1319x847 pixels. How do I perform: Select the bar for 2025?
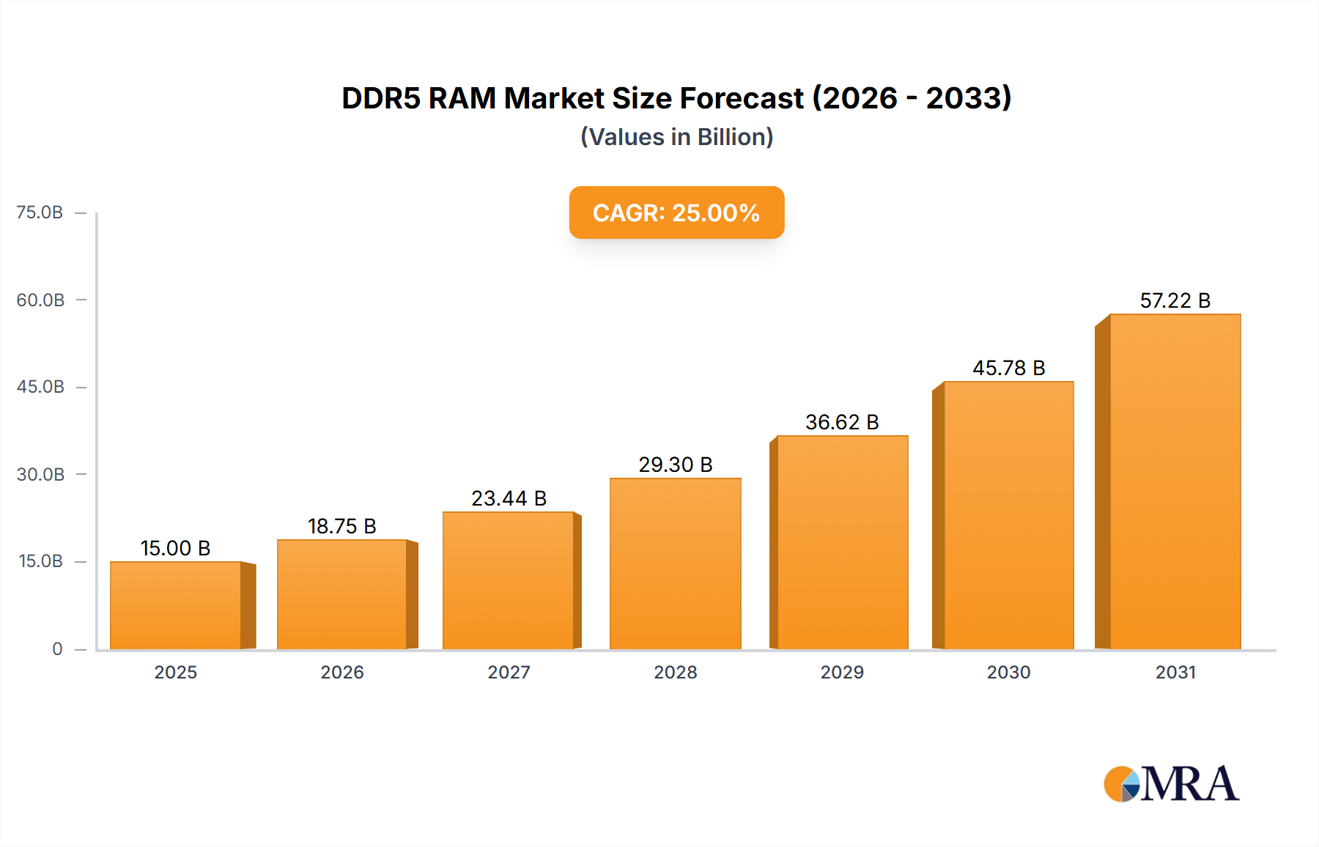coord(176,605)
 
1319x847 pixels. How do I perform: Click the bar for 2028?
coord(675,563)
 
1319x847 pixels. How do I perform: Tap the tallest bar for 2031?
coord(1175,481)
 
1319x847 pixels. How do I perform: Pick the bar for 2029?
coord(842,542)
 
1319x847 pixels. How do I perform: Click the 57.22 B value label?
coord(1175,300)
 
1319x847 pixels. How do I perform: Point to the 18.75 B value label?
coord(341,526)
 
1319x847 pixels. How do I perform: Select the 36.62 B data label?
coord(842,422)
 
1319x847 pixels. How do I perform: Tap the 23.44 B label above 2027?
coord(509,498)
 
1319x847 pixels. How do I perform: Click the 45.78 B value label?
coord(1008,368)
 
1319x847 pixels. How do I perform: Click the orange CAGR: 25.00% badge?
coord(676,212)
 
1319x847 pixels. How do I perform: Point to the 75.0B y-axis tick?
coord(40,212)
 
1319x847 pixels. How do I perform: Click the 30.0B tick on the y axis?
coord(40,474)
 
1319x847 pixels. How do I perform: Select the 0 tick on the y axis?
coord(57,648)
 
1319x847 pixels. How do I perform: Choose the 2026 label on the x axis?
coord(341,672)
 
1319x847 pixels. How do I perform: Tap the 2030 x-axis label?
coord(1008,672)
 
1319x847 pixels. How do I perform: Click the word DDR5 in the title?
coord(380,98)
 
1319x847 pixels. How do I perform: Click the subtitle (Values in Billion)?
coord(676,137)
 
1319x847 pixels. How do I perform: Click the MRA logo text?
coord(1189,784)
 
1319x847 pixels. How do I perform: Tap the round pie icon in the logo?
coord(1121,784)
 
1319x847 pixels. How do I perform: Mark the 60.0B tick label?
coord(40,300)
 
